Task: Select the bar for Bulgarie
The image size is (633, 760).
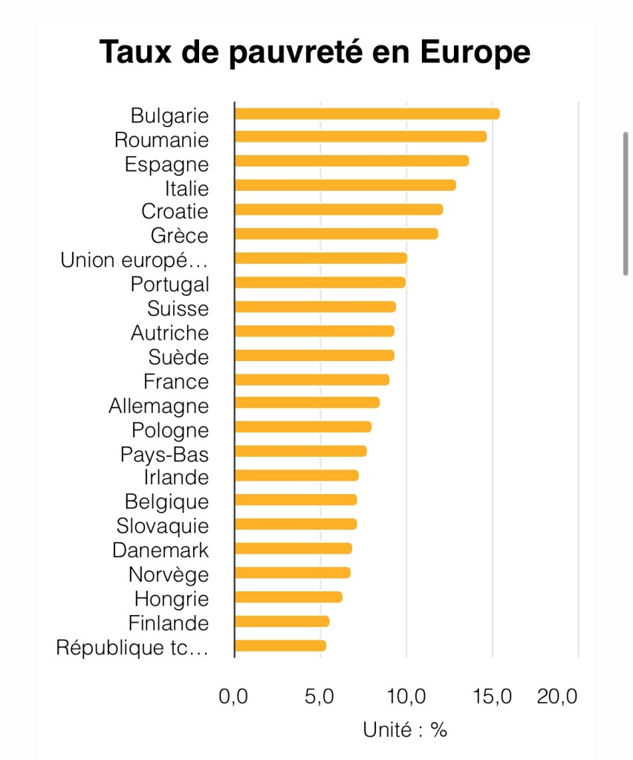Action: point(367,114)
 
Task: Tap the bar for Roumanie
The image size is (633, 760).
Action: point(360,137)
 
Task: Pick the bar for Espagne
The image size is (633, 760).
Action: point(351,161)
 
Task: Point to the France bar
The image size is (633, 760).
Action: point(312,380)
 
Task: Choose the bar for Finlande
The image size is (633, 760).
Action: point(282,621)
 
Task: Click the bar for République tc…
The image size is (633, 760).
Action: point(280,646)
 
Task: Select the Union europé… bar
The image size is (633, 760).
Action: point(321,258)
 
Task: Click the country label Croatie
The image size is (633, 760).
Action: point(175,212)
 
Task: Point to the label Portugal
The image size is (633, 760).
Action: point(169,285)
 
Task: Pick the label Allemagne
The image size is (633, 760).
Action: point(158,406)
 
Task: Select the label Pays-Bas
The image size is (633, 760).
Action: point(164,454)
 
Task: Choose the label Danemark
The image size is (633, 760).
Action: point(160,550)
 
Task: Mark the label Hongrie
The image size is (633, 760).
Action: point(172,599)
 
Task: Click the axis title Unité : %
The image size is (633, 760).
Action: point(405,730)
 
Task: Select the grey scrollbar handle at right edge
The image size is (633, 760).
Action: point(626,204)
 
